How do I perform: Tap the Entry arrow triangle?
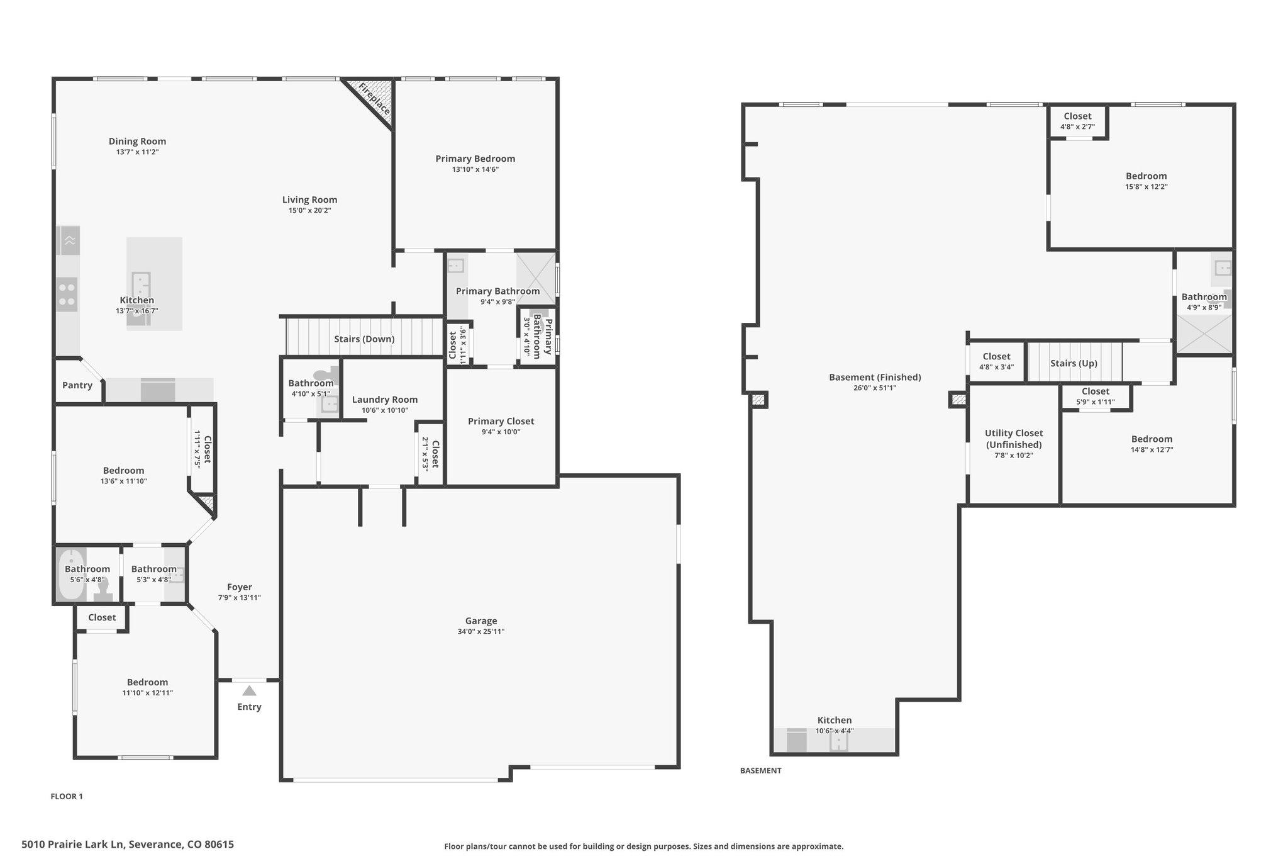click(249, 690)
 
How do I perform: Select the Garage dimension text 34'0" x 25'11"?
click(481, 631)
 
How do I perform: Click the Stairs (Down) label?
click(364, 339)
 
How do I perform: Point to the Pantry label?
click(77, 385)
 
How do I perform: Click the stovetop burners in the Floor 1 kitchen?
click(67, 295)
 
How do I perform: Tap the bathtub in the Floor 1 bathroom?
click(71, 575)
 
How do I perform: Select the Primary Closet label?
click(501, 421)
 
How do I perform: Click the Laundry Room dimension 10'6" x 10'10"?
click(385, 410)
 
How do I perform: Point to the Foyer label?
click(240, 587)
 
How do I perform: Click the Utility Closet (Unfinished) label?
click(1014, 439)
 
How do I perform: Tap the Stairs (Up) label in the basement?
click(1074, 363)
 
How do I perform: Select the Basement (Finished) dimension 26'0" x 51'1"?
click(875, 388)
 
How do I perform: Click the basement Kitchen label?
click(835, 720)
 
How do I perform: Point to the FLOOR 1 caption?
click(67, 796)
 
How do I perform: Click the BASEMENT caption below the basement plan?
click(760, 770)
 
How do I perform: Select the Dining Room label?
click(137, 141)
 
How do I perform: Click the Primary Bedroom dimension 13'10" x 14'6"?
click(475, 169)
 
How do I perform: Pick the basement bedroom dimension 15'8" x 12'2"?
click(1146, 186)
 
